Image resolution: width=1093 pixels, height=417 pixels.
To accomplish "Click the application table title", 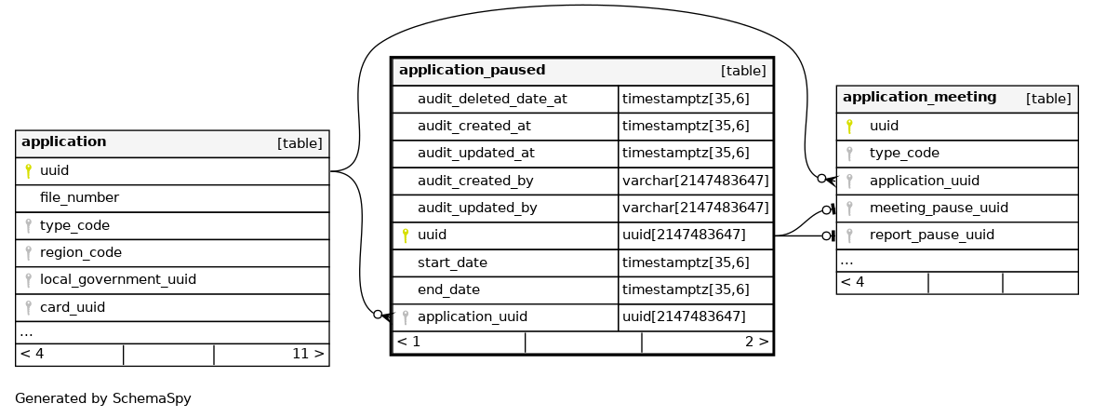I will point(63,142).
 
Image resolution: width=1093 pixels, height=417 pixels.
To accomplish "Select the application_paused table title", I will point(472,71).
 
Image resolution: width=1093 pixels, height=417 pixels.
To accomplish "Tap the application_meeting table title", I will point(919,98).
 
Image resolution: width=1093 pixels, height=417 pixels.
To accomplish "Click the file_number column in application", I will point(79,198).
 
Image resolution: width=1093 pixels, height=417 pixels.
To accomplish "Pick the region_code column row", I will point(80,252).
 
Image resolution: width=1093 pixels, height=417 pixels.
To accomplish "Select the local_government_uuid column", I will point(117,279).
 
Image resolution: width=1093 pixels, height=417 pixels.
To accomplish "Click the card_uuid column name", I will point(72,307).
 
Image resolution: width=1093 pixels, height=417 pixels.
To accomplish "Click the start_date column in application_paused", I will point(452,262).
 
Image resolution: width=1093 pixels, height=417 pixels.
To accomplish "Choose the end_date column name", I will point(448,289).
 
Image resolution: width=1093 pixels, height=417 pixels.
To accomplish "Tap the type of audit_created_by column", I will point(695,181).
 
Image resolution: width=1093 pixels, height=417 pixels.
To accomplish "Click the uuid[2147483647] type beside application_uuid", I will point(684,316).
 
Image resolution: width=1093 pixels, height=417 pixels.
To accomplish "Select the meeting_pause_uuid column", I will point(938,208).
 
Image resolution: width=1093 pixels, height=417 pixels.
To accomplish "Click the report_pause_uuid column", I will point(931,235).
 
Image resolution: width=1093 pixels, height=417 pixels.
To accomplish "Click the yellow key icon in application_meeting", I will point(848,126).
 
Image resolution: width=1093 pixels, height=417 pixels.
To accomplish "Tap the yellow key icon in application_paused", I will point(406,235).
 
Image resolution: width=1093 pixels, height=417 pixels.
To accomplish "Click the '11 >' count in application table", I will point(307,354).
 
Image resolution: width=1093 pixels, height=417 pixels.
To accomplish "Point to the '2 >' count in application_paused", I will point(756,342).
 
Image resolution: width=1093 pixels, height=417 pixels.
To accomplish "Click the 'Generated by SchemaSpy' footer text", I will point(103,398).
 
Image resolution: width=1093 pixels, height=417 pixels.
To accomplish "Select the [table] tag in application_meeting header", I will point(1048,99).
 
